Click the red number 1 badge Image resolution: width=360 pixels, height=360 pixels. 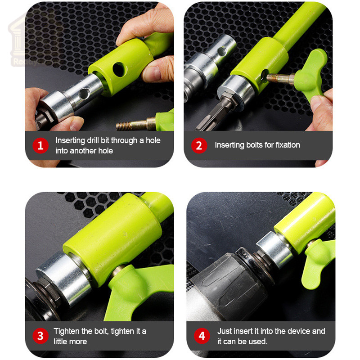point(40,145)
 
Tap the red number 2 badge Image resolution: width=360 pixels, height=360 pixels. point(199,145)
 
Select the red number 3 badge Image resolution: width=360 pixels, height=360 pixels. point(40,336)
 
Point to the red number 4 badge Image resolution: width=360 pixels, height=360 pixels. point(202,336)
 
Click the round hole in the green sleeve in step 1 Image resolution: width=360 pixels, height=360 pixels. point(120,69)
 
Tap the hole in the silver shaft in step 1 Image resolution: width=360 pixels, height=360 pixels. point(84,93)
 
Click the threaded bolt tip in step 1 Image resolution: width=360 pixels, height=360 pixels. point(119,126)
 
